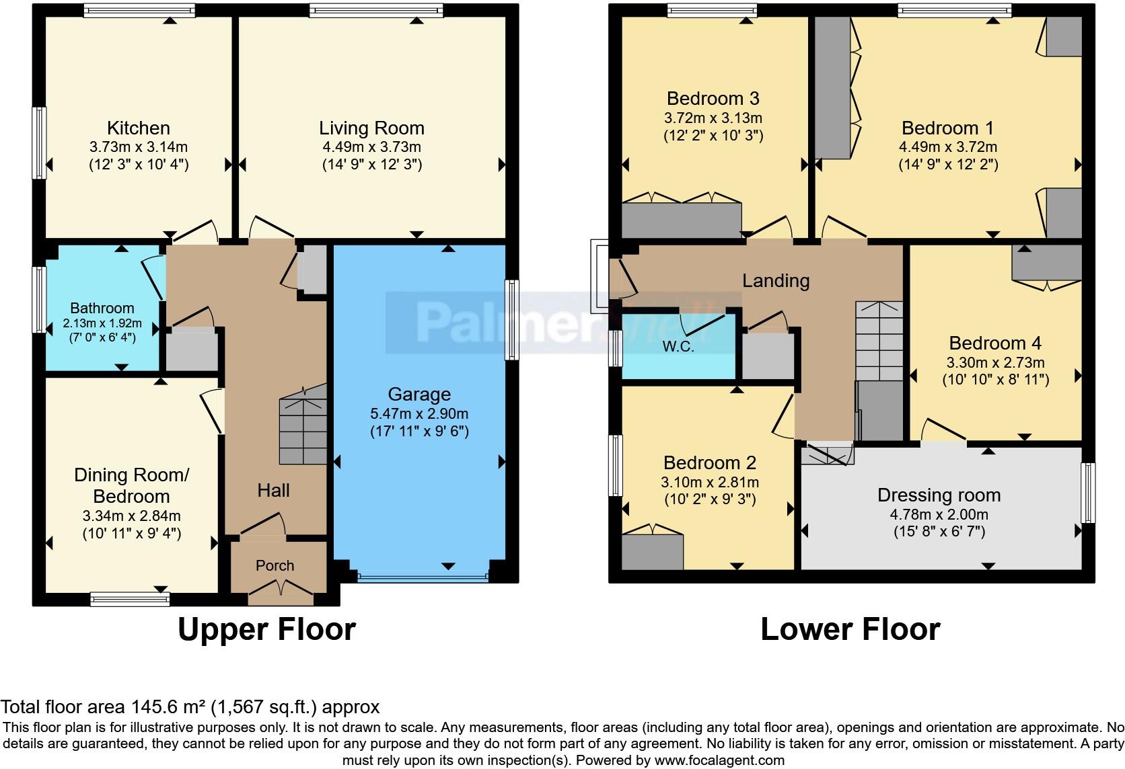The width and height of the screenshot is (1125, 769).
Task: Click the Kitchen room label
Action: (x=139, y=128)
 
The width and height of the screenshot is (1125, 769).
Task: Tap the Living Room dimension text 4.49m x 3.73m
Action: (x=371, y=147)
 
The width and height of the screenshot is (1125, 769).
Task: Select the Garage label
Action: (x=419, y=395)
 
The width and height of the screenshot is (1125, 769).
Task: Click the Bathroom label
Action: (x=102, y=308)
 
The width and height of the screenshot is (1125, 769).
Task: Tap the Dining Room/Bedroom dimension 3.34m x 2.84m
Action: (x=131, y=516)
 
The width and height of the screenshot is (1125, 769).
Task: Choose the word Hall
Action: (x=273, y=491)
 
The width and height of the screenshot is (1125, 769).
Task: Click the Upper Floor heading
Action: (x=266, y=629)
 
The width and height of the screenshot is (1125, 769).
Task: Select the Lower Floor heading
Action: (x=850, y=629)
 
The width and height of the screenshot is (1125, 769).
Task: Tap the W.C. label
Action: (x=678, y=347)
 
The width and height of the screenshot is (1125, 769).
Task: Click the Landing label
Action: (x=776, y=280)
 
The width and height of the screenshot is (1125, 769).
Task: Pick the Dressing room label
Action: (x=939, y=495)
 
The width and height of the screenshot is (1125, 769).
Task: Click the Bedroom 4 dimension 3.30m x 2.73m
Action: (x=995, y=363)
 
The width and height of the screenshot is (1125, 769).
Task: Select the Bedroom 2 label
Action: (x=709, y=462)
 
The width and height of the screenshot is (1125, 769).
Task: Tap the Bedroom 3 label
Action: (x=713, y=98)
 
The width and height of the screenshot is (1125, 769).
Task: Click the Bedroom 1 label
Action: (x=947, y=128)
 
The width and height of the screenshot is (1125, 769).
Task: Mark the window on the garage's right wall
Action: (x=512, y=320)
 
